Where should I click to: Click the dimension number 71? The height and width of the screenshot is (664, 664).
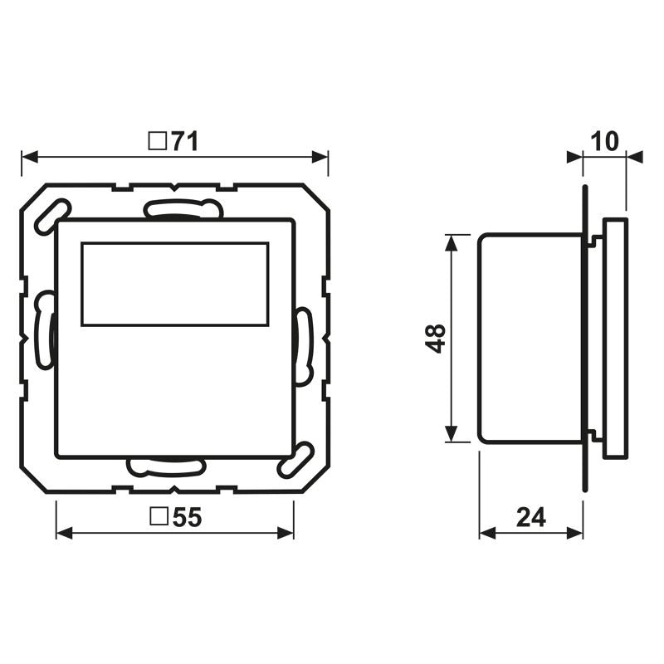[x=184, y=142]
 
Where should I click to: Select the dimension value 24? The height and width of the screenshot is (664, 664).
[x=531, y=517]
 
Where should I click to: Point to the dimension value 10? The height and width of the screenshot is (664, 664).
[x=606, y=141]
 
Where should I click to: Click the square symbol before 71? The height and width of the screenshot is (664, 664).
[x=156, y=142]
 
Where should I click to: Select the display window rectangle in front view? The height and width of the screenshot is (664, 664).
[x=174, y=284]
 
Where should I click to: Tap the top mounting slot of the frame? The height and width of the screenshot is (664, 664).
[x=183, y=209]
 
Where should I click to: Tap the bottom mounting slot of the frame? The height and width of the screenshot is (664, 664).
[x=166, y=466]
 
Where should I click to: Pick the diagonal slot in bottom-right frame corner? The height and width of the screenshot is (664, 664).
[x=296, y=460]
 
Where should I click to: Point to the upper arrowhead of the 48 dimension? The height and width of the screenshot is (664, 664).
[x=451, y=242]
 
